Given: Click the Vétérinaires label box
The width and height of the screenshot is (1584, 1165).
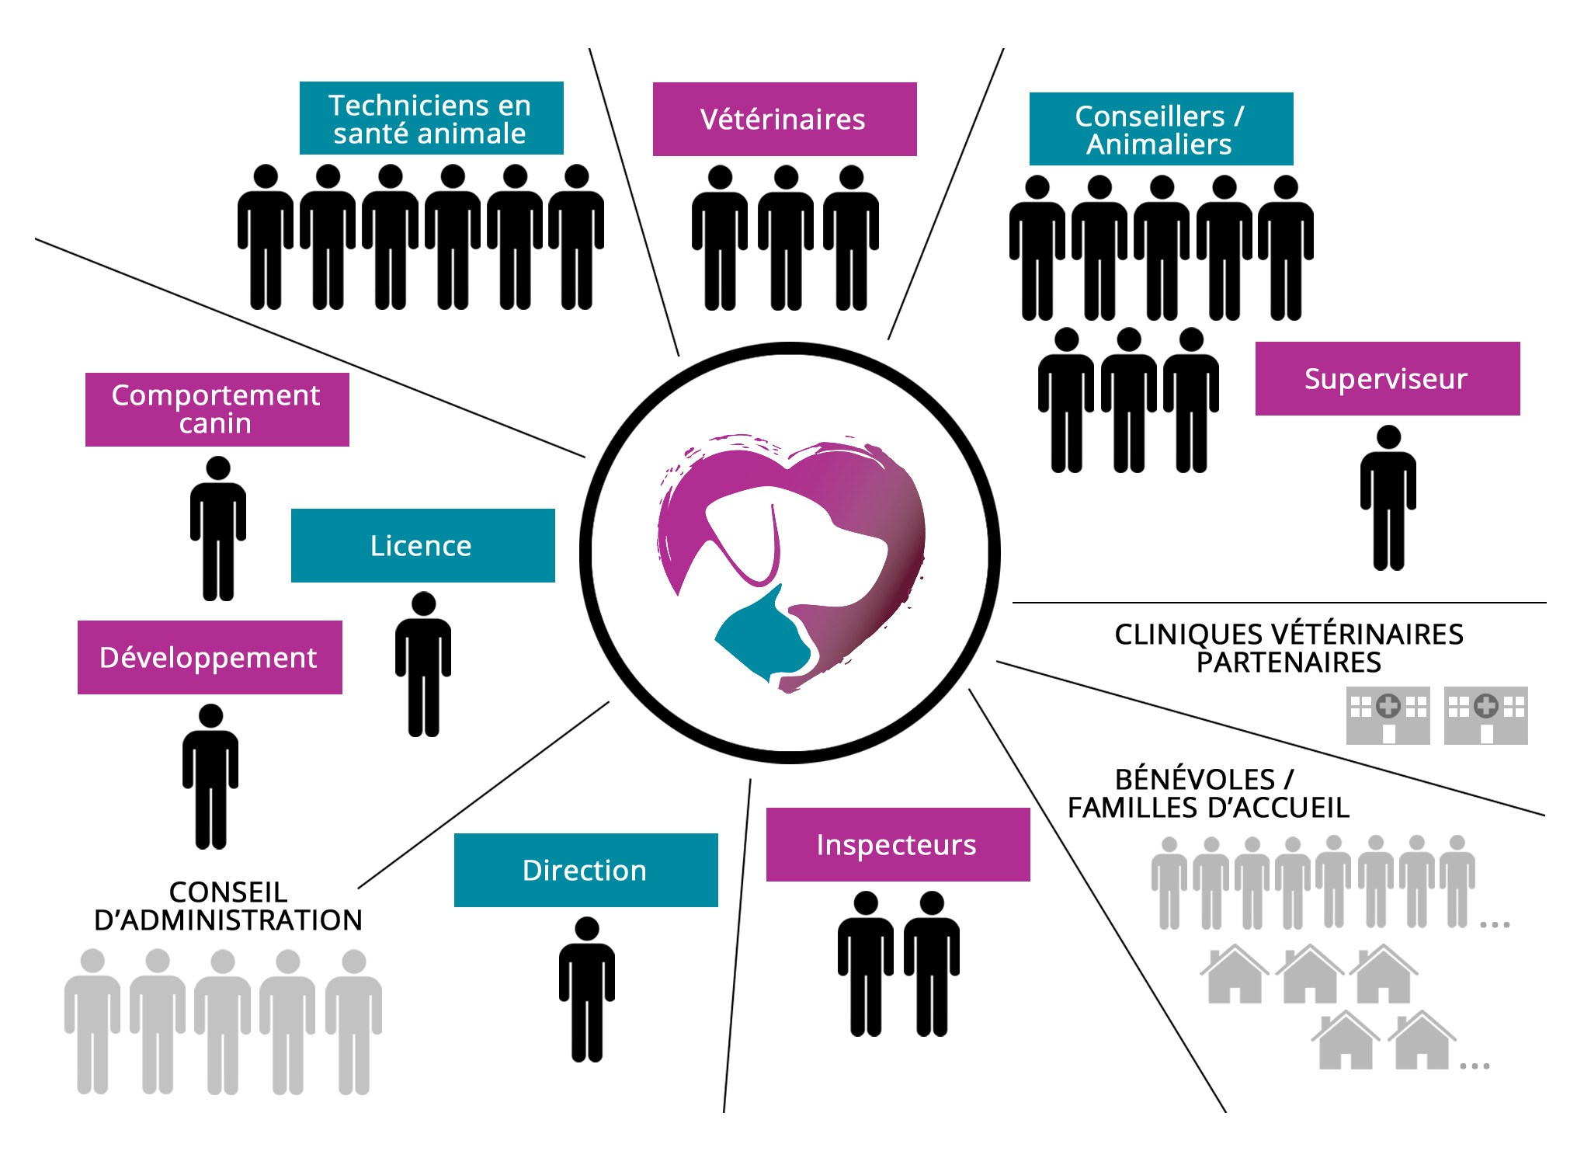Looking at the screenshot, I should tap(784, 119).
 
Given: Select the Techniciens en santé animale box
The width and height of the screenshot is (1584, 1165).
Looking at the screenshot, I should tap(431, 118).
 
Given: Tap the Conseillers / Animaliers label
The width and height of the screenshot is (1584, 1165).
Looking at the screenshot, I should tap(1161, 129).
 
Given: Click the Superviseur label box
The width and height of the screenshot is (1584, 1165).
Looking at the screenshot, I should tap(1387, 378).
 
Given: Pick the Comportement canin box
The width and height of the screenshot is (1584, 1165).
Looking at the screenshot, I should tap(217, 409).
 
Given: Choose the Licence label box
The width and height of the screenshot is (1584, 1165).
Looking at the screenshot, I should tap(422, 545).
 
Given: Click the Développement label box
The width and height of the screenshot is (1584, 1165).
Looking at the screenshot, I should tap(210, 657).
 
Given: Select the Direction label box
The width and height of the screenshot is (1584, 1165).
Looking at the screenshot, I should tap(585, 870).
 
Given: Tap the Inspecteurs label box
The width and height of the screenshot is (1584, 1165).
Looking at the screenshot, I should tap(898, 844).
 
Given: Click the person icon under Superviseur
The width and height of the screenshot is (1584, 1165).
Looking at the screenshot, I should tap(1388, 497).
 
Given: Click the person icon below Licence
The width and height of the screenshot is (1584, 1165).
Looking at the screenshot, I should tap(423, 664).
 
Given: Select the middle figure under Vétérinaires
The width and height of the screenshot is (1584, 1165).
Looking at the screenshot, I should tap(786, 237).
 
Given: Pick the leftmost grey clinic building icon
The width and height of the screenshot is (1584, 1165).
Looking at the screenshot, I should tap(1388, 715).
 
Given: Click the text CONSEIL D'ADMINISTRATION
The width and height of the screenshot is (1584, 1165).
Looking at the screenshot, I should tap(228, 906).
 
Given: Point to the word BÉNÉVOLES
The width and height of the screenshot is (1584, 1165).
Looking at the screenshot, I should tap(1194, 779).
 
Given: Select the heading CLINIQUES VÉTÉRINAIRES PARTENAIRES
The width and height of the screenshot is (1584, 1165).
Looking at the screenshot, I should tap(1288, 648).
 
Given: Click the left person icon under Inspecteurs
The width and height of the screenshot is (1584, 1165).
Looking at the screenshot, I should tap(865, 963).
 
